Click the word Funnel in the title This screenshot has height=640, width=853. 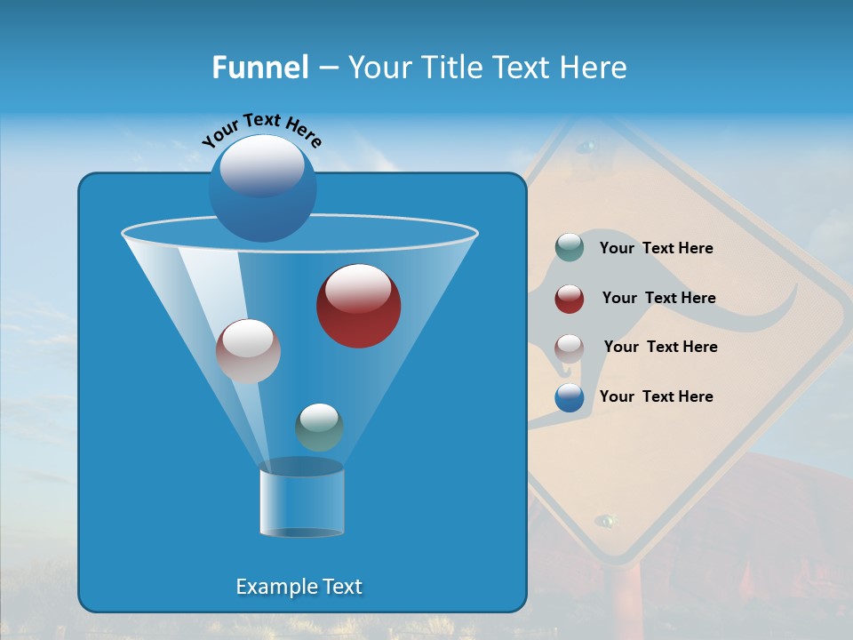tap(260, 68)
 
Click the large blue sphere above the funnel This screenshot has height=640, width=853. tap(262, 188)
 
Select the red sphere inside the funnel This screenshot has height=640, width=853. tap(358, 306)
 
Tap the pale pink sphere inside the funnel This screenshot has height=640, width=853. tap(248, 351)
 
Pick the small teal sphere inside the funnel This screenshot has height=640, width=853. tap(319, 427)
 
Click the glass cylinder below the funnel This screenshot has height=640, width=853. tap(301, 502)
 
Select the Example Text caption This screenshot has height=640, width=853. tap(299, 587)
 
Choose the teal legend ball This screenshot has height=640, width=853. tap(570, 248)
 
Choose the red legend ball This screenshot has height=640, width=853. tap(570, 299)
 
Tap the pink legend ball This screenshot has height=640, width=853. tap(570, 348)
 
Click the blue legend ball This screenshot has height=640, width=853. tap(570, 397)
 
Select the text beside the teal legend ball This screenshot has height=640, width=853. tap(656, 248)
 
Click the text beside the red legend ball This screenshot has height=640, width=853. tap(658, 298)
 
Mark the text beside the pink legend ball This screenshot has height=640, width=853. tap(660, 347)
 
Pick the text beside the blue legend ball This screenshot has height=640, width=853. tap(656, 396)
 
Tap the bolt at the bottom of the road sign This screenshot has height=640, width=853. tap(606, 519)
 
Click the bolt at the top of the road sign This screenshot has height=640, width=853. tap(586, 145)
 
